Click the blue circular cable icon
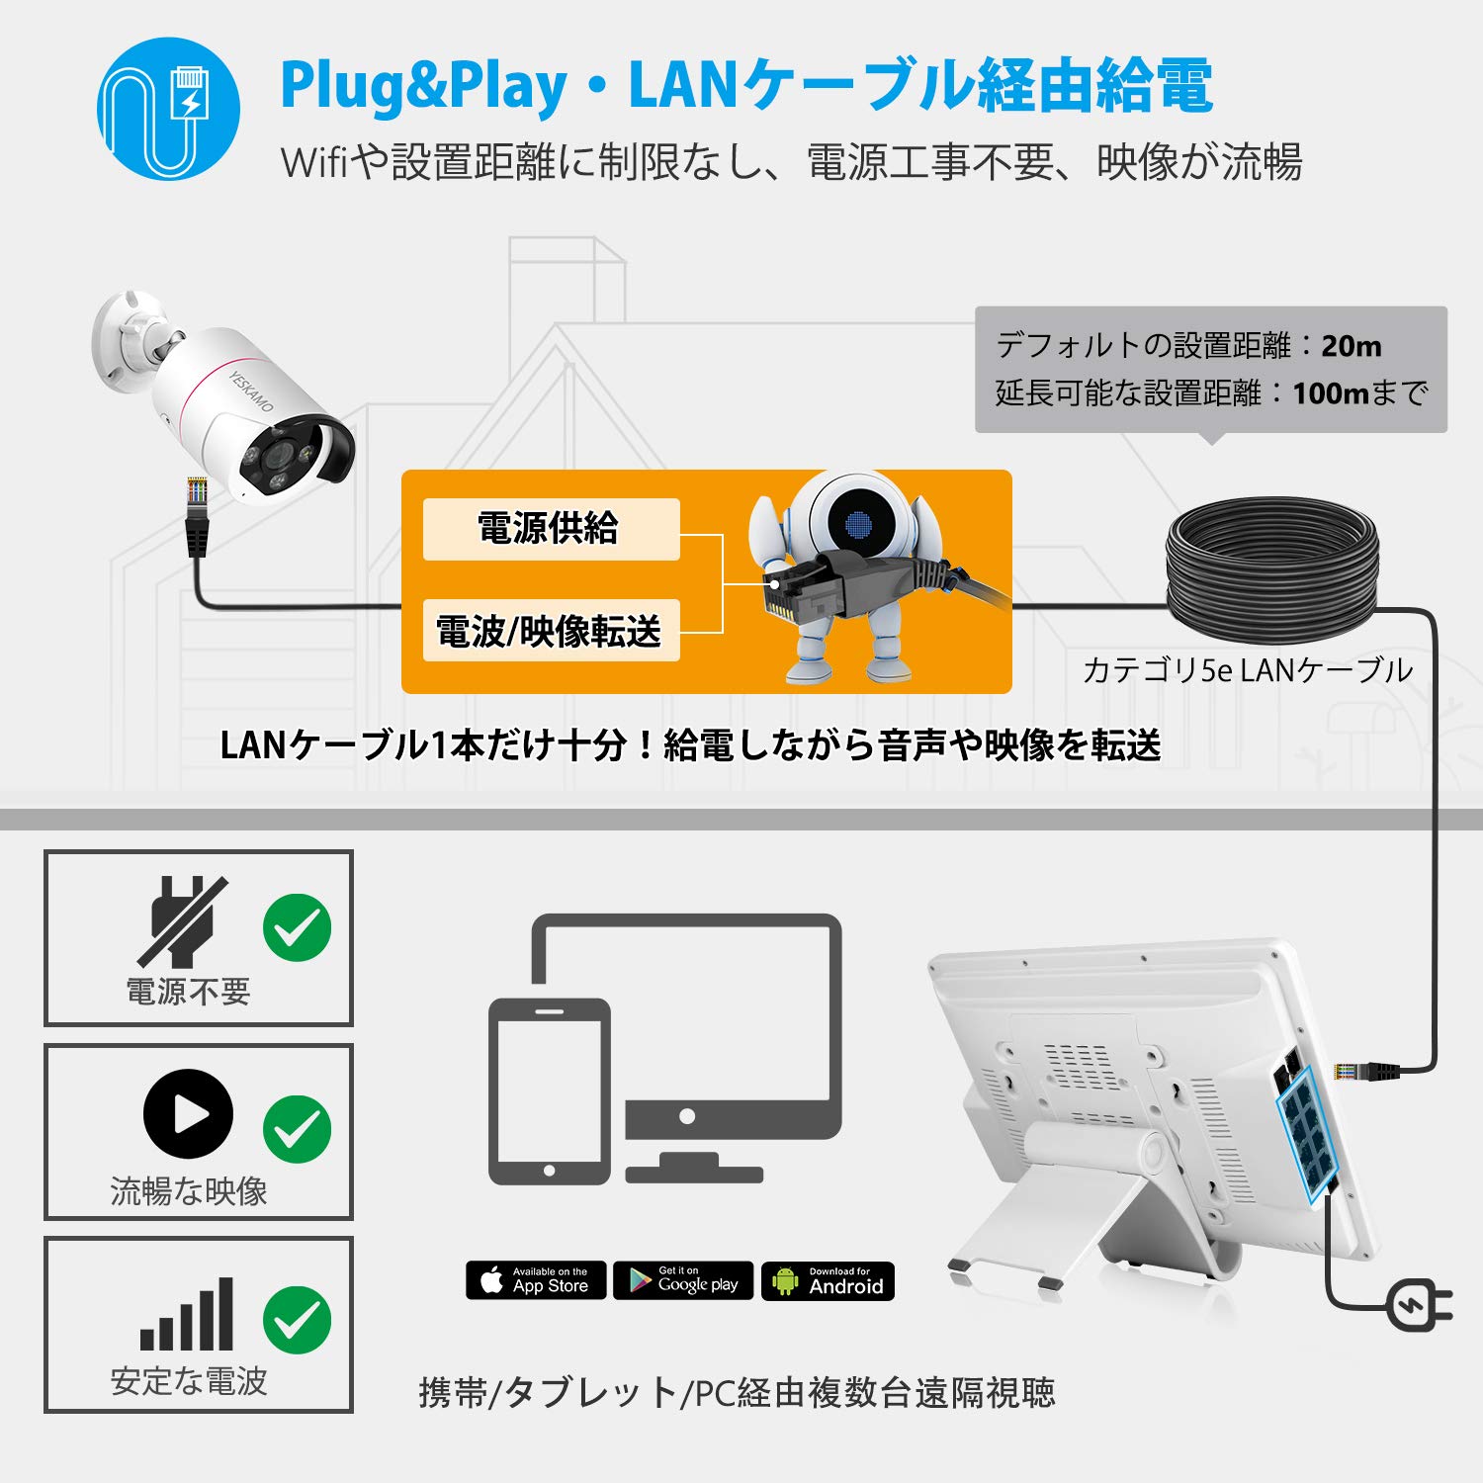pyautogui.click(x=168, y=109)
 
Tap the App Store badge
pyautogui.click(x=536, y=1280)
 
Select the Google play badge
pyautogui.click(x=683, y=1280)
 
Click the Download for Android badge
pyautogui.click(x=828, y=1280)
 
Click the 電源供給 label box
pyautogui.click(x=551, y=529)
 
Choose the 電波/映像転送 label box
pyautogui.click(x=551, y=630)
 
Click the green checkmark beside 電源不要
pyautogui.click(x=297, y=927)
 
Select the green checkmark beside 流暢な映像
pyautogui.click(x=297, y=1128)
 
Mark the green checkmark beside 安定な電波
pyautogui.click(x=297, y=1320)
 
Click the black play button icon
pyautogui.click(x=188, y=1114)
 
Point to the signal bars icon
pyautogui.click(x=187, y=1315)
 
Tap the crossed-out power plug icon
pyautogui.click(x=183, y=921)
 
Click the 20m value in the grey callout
pyautogui.click(x=1351, y=346)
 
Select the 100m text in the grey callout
pyautogui.click(x=1330, y=393)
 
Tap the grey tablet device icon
pyautogui.click(x=550, y=1090)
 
